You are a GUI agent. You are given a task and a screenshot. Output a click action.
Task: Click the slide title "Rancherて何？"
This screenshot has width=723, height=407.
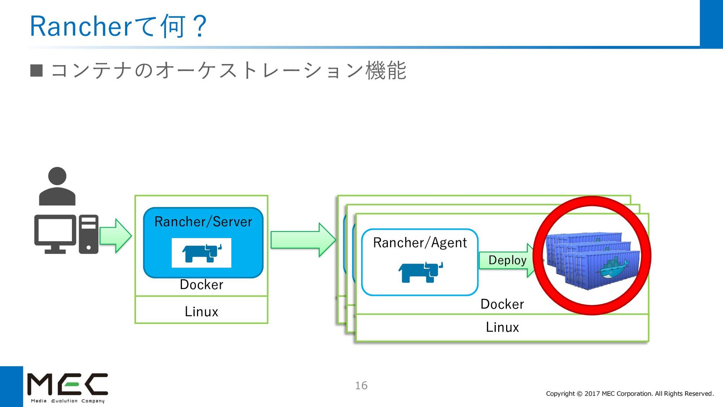click(x=118, y=26)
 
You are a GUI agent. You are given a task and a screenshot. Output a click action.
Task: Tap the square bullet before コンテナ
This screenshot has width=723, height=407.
click(x=37, y=70)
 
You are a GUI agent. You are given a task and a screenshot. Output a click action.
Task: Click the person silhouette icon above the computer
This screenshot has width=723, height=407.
click(x=57, y=186)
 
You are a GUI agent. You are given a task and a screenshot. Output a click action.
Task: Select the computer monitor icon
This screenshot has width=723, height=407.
click(x=55, y=234)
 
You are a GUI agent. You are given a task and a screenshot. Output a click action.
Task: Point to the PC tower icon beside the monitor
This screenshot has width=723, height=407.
click(x=89, y=234)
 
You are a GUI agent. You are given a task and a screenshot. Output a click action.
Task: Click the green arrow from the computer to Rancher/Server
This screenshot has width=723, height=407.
click(x=116, y=236)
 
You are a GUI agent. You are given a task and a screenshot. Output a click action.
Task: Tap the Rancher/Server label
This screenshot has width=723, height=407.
click(x=203, y=222)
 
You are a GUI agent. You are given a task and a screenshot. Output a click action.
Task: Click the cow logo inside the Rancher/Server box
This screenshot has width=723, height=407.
click(x=202, y=253)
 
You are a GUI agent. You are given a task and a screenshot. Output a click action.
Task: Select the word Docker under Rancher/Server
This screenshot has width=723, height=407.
click(x=201, y=285)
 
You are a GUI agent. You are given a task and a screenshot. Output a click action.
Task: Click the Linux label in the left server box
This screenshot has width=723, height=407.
click(x=201, y=312)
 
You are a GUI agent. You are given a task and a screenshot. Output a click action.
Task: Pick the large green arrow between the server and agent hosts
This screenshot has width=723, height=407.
click(x=303, y=240)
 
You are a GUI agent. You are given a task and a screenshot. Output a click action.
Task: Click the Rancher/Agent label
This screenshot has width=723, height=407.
click(x=420, y=243)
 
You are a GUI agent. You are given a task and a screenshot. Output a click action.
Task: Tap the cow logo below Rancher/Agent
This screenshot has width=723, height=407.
click(x=421, y=272)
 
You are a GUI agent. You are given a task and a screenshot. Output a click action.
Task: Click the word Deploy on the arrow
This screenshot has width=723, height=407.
click(x=507, y=260)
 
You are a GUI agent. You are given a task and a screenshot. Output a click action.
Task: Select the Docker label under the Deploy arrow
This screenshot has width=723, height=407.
click(x=502, y=304)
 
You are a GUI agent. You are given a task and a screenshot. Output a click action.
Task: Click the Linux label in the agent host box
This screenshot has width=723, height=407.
click(x=502, y=327)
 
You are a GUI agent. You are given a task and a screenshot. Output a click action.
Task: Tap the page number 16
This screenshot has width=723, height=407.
click(x=361, y=386)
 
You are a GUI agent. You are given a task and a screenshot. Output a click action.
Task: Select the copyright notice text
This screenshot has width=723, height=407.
click(x=630, y=394)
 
